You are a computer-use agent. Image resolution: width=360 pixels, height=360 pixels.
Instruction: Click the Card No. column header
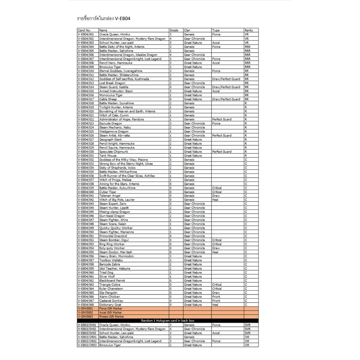84,30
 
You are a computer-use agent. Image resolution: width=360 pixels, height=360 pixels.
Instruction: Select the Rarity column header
249,30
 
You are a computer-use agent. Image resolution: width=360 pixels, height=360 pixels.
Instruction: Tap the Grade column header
174,30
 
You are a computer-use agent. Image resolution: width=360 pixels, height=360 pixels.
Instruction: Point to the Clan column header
187,30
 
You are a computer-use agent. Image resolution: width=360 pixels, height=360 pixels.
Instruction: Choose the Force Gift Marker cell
110,309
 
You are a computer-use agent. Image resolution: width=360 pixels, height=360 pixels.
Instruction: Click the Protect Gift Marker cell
111,317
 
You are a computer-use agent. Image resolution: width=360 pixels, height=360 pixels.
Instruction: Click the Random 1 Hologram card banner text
167,320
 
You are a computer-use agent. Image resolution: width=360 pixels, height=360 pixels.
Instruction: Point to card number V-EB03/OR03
87,345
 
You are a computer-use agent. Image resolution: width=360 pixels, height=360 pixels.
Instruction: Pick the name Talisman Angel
110,195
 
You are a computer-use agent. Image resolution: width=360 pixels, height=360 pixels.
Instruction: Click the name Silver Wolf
107,276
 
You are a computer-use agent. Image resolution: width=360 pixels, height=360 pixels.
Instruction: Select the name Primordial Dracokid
113,236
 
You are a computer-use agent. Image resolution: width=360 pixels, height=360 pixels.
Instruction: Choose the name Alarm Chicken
109,297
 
